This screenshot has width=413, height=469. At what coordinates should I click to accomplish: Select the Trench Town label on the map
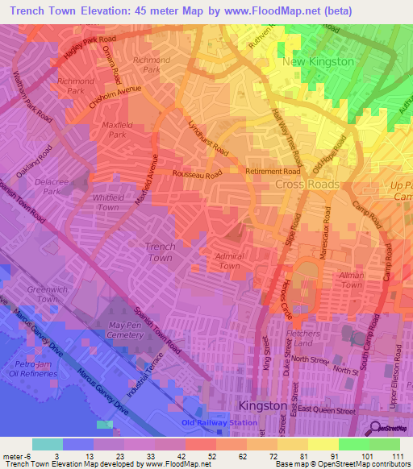pos(160,252)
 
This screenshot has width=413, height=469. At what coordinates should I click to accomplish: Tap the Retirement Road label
pos(273,172)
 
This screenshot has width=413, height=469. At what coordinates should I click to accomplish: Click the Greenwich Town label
pos(42,294)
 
